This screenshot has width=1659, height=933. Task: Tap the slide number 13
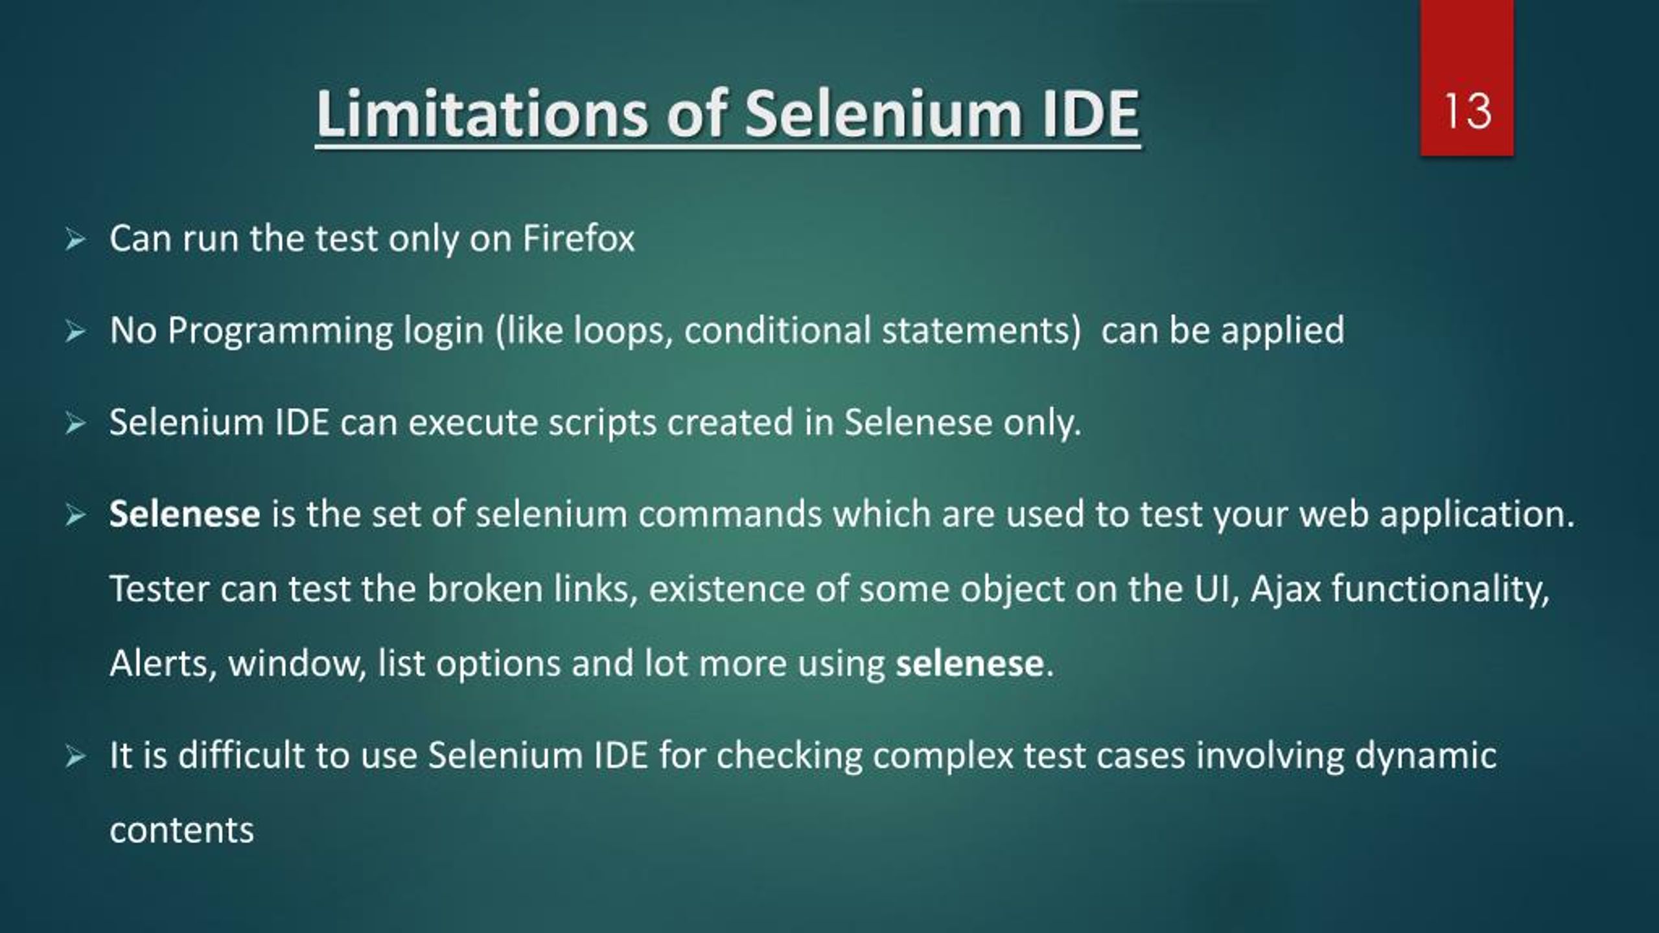1467,111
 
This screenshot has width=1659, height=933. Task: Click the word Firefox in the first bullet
578,238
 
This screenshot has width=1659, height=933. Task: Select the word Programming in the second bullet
280,330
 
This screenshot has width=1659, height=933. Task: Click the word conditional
778,330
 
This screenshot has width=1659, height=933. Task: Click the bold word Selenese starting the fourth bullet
185,514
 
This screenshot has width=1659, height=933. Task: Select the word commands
730,514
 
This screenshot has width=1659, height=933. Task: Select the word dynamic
1426,755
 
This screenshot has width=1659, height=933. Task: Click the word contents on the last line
181,831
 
